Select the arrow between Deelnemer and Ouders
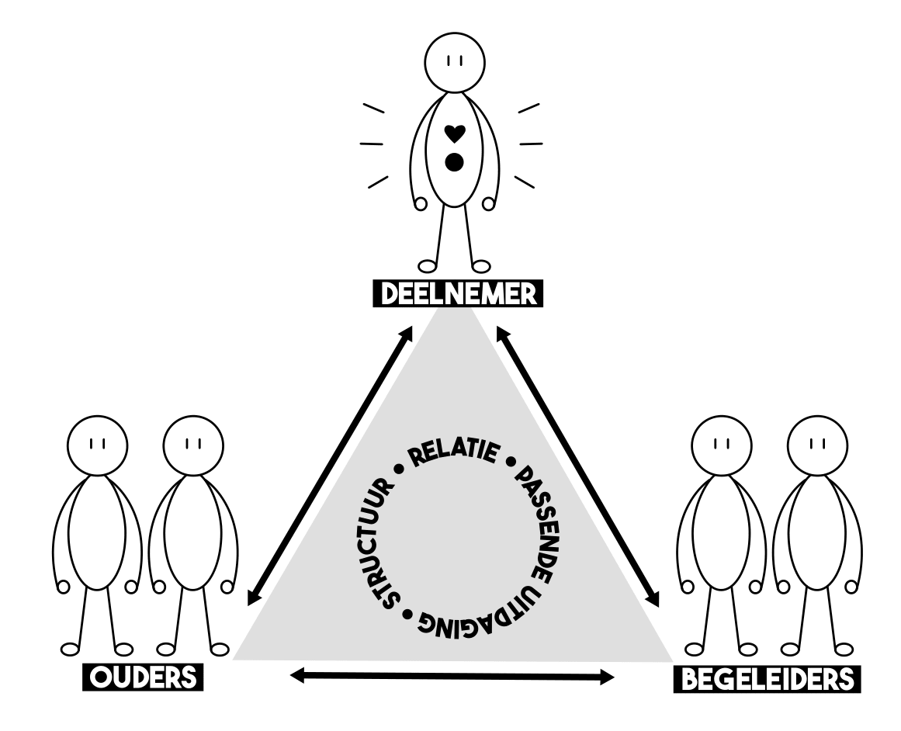[x=330, y=466]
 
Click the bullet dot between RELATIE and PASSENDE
[x=510, y=465]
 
